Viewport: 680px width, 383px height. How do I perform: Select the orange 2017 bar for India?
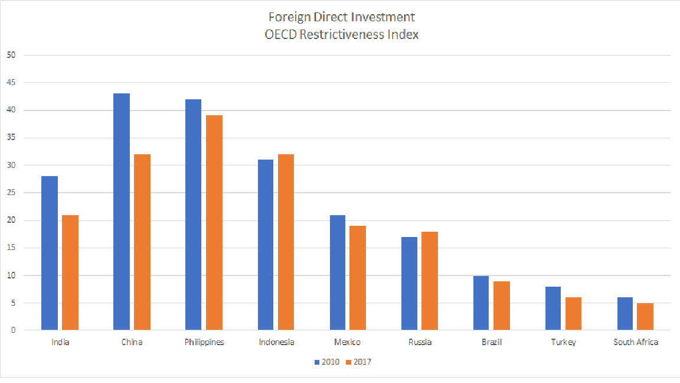(70, 272)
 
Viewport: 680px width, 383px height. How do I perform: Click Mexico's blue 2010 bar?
(337, 272)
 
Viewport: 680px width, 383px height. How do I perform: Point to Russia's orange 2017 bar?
(429, 280)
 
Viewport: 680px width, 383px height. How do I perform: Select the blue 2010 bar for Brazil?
(481, 303)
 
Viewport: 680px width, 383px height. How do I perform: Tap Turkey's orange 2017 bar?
(573, 313)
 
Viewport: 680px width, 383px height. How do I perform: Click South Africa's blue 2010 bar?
(625, 313)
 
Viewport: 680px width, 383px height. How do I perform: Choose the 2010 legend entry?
(326, 362)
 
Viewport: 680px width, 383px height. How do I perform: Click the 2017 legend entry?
(358, 362)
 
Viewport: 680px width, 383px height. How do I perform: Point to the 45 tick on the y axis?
(12, 83)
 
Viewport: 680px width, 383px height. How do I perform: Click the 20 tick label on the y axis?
(12, 220)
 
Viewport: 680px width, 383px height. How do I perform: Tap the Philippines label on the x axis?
(204, 342)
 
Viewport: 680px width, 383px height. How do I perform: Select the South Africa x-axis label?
(636, 342)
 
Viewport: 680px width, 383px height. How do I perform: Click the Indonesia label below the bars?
(276, 342)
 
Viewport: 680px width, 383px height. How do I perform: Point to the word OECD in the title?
(281, 34)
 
